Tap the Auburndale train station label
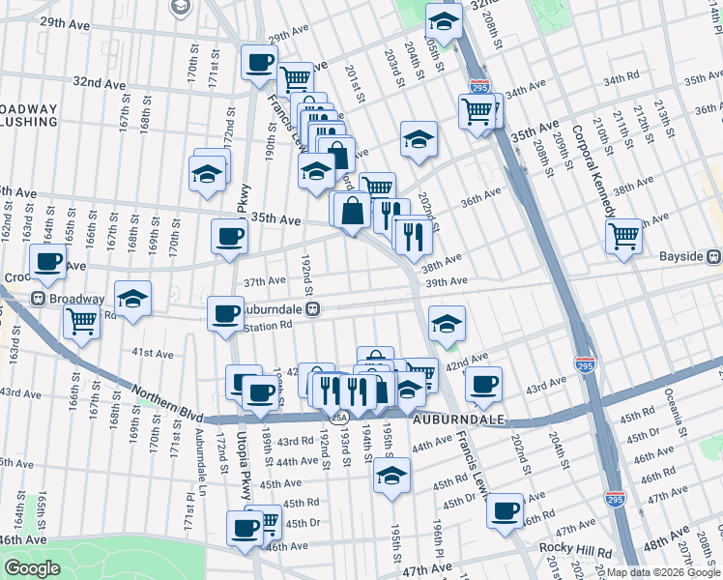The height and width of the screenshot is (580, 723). (x=274, y=309)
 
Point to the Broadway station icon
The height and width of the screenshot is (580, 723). (x=40, y=299)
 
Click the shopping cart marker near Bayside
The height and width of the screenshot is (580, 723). (x=624, y=234)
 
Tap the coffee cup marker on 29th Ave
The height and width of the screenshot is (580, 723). (x=259, y=64)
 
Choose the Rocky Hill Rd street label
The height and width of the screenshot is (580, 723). (x=576, y=548)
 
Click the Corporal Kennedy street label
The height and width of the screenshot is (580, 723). (x=593, y=169)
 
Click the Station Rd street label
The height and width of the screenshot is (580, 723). (x=267, y=327)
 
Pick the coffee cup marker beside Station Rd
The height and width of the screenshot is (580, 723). (x=225, y=312)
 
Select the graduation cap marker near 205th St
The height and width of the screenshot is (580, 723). (x=444, y=20)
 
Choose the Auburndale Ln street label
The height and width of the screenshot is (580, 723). (x=202, y=455)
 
